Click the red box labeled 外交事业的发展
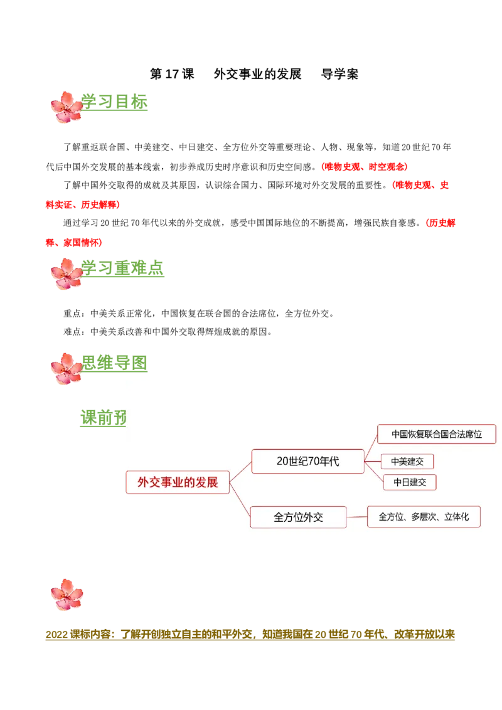(178, 482)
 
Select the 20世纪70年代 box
(307, 461)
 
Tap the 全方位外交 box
(298, 517)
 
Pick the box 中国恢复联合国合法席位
(437, 434)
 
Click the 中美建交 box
(407, 462)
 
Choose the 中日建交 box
(410, 482)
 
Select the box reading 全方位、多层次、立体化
(424, 517)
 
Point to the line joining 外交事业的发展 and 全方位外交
(240, 500)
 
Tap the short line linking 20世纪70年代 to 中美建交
(373, 462)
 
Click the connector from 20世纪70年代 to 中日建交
(374, 472)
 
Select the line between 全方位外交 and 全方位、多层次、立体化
(356, 517)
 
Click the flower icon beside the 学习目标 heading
(66, 107)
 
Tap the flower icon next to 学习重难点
(66, 273)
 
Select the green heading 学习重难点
(124, 268)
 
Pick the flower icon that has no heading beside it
(67, 595)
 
